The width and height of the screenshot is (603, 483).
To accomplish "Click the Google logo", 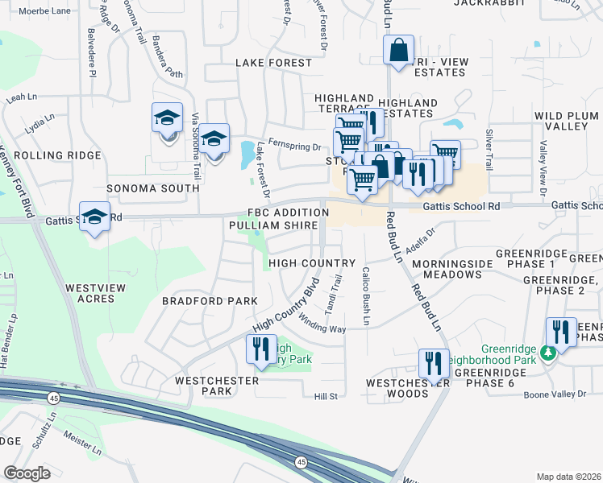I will [27, 473].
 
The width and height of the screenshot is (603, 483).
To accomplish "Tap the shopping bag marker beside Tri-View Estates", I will [398, 50].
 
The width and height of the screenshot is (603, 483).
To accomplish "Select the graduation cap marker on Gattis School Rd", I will [95, 217].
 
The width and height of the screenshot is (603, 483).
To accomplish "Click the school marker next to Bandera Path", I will [168, 119].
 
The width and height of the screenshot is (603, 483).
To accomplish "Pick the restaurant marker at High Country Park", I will [260, 349].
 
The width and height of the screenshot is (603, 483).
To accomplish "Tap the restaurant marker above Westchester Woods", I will [434, 364].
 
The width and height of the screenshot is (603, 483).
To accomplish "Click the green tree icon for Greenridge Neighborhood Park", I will [547, 353].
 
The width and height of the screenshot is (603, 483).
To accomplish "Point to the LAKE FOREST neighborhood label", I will [273, 63].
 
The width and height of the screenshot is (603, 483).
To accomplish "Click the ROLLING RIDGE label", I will [57, 155].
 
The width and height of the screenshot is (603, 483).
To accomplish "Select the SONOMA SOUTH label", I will [152, 188].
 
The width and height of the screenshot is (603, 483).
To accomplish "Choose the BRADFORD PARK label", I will [210, 301].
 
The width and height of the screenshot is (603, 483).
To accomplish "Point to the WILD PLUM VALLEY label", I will [567, 122].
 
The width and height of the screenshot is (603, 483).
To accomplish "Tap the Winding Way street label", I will [322, 328].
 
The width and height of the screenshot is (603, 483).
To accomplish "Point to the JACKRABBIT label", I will [484, 3].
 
